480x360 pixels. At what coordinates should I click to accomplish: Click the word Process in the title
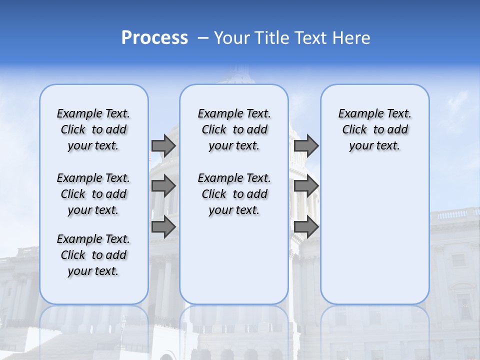(x=154, y=38)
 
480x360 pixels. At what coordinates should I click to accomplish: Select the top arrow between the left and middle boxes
(x=163, y=145)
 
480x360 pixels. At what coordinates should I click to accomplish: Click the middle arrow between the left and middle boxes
(x=163, y=186)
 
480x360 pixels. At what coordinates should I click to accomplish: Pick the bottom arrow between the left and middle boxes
(x=163, y=226)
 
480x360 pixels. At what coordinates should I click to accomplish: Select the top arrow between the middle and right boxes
(x=306, y=145)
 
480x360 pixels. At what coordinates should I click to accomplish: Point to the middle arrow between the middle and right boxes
(x=306, y=186)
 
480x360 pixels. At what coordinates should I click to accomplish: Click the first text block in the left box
(x=93, y=129)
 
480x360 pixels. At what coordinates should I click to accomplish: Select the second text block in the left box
(x=93, y=194)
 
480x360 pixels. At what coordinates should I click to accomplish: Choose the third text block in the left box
(x=93, y=255)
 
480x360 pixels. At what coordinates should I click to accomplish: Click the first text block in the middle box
(x=234, y=129)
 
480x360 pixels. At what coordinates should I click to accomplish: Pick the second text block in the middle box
(x=234, y=194)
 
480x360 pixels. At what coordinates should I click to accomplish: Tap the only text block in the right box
(x=375, y=129)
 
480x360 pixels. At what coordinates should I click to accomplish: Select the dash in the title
(x=203, y=38)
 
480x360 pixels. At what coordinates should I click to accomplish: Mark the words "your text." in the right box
(x=374, y=146)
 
